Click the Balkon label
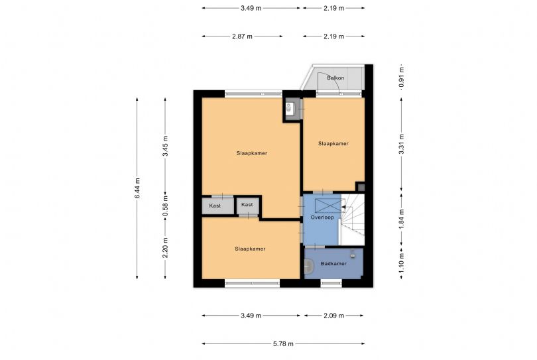[x=335, y=78]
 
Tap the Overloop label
[x=322, y=217]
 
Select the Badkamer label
[x=333, y=263]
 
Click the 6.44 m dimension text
[x=137, y=188]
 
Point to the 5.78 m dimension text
[x=283, y=343]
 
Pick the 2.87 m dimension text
[x=242, y=36]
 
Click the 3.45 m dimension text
[x=165, y=147]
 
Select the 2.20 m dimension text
[x=165, y=248]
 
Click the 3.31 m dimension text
[x=401, y=145]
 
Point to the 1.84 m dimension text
[x=401, y=219]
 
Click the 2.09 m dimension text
[x=333, y=316]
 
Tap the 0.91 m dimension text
[x=401, y=78]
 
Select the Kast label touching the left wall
[x=215, y=206]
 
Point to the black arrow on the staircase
[x=343, y=207]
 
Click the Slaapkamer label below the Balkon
[x=333, y=143]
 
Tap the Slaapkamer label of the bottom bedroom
[x=250, y=249]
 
